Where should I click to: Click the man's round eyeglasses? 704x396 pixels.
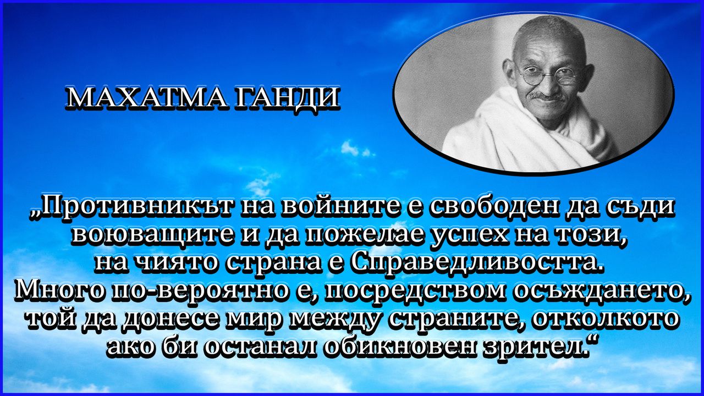[547, 75]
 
